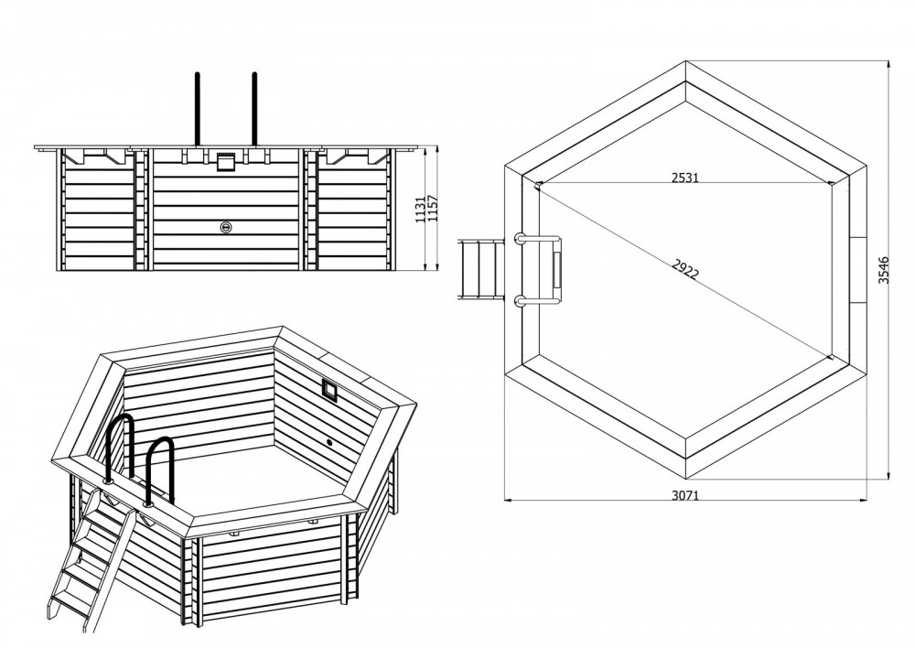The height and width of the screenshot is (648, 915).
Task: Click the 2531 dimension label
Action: pos(684,178)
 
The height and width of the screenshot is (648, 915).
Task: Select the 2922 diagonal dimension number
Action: pos(684,270)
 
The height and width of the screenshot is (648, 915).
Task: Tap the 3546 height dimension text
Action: pos(884,270)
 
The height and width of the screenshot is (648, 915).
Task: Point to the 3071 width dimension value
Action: pos(684,496)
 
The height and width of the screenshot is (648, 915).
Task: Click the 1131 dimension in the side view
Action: pos(420,209)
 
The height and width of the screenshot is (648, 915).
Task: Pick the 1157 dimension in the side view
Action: pos(433,209)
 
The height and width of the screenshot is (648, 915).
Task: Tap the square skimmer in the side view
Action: pos(226,162)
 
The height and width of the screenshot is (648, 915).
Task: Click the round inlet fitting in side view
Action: pos(226,227)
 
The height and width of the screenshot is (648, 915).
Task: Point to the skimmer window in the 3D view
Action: pos(329,389)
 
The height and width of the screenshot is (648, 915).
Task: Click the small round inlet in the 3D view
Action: pos(329,443)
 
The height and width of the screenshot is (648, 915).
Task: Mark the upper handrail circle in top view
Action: pos(519,238)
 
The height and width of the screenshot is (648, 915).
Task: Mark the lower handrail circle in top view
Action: pos(519,300)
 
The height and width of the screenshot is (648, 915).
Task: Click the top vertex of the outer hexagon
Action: pos(685,60)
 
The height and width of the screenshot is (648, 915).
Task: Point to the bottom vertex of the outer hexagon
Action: pos(685,476)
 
